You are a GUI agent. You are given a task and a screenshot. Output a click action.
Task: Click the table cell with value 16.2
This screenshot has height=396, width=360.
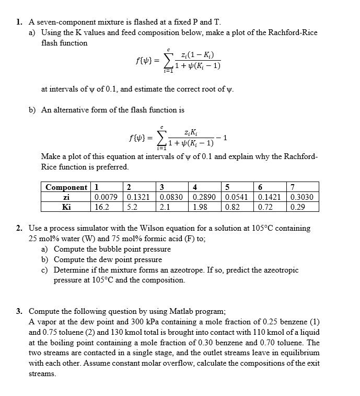(x=101, y=207)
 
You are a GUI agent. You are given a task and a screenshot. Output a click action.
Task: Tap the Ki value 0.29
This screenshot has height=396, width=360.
(x=297, y=207)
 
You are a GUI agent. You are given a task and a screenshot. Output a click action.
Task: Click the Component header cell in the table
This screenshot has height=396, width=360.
(x=66, y=187)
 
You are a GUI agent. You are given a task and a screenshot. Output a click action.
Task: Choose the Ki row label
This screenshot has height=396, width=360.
(x=66, y=207)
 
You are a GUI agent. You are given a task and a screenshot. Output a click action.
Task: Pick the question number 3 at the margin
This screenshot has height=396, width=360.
(x=18, y=311)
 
